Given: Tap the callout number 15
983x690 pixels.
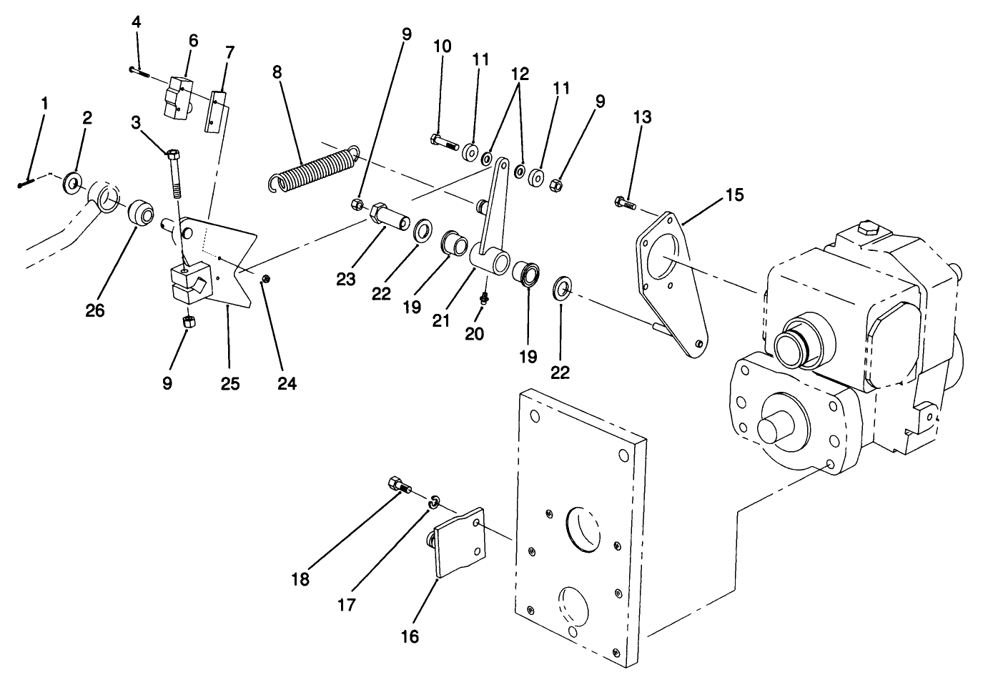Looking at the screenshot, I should pos(734,194).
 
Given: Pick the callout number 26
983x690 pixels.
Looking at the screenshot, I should pos(95,310).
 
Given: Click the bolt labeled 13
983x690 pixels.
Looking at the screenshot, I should pos(625,204).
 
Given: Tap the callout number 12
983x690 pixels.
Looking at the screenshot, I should pos(520,74).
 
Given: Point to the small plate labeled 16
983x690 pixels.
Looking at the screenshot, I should pos(458,543).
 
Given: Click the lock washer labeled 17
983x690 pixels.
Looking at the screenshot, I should pos(433,505).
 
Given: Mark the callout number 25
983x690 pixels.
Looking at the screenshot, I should pos(229,384).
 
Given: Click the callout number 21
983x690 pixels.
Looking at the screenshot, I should pos(441,319).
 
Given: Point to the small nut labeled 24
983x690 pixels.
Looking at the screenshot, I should pos(265,278).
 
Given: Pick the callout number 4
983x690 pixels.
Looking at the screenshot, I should pos(136,21).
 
